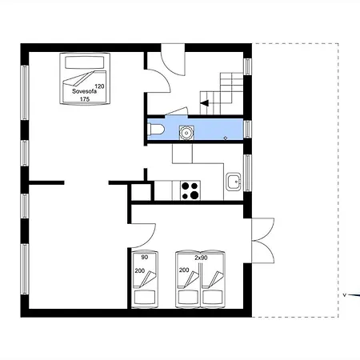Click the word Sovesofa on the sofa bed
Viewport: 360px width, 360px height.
click(84, 91)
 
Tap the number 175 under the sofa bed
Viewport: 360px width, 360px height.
click(85, 99)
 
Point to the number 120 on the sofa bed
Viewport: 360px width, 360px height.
click(99, 86)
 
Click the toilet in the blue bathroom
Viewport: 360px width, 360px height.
click(156, 130)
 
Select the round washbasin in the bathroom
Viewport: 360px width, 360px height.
click(186, 132)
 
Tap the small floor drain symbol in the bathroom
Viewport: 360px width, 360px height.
click(226, 138)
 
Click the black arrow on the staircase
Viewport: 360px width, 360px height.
click(205, 103)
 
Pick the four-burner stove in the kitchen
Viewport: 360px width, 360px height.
click(190, 190)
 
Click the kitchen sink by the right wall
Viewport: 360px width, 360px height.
click(234, 182)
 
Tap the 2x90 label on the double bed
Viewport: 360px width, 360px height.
click(201, 258)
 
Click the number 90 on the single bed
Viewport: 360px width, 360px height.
click(145, 258)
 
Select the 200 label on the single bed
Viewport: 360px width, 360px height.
click(140, 271)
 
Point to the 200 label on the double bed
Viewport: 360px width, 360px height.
click(184, 270)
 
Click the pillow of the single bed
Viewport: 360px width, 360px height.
click(145, 297)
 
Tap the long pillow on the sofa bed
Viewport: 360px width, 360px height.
click(85, 63)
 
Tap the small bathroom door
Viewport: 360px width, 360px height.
click(176, 111)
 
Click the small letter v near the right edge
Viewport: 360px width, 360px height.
click(344, 295)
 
